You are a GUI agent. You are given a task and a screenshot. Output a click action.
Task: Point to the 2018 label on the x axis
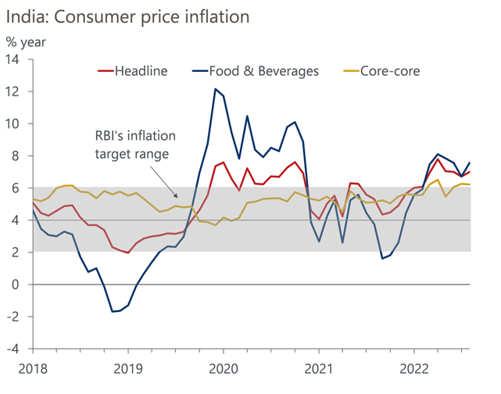tap(33, 367)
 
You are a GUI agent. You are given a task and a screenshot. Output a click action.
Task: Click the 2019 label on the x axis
tap(128, 367)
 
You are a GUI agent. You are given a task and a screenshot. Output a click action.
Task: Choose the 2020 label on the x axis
tap(224, 367)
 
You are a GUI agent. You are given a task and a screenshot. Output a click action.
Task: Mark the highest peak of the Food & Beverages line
tap(215, 89)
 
